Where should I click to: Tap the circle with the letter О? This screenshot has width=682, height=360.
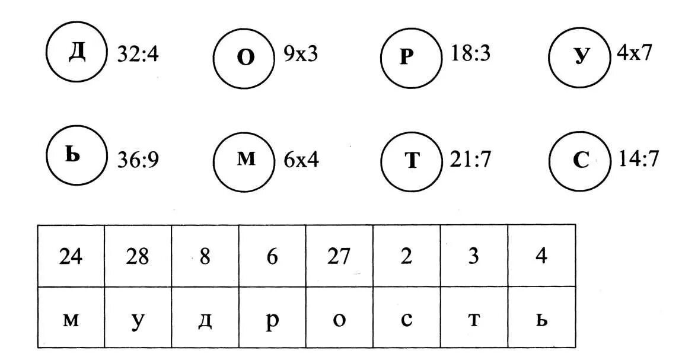[x=244, y=58]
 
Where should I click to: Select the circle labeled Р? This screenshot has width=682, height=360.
[x=412, y=58]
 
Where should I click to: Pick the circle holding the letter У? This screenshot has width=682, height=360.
[x=579, y=57]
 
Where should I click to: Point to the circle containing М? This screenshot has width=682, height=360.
[x=244, y=160]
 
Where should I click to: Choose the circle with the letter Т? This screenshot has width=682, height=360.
[x=412, y=160]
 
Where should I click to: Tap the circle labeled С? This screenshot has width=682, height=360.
[x=579, y=160]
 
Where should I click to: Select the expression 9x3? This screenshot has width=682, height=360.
[x=301, y=54]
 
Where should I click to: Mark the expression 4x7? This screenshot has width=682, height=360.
[x=635, y=53]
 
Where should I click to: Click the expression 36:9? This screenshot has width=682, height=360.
[x=138, y=160]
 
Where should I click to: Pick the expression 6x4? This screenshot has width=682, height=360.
[x=301, y=160]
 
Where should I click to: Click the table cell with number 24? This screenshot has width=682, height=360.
[x=71, y=256]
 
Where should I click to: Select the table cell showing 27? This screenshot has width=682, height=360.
[x=339, y=256]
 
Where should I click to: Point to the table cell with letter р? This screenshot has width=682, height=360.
[x=272, y=318]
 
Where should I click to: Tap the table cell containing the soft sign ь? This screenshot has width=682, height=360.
[x=541, y=318]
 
